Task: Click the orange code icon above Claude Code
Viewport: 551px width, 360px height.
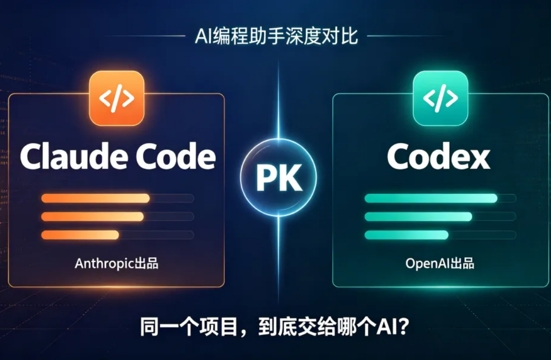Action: (117, 98)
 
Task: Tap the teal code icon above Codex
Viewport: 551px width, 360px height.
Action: (440, 98)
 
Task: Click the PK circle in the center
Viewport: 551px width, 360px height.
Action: (278, 177)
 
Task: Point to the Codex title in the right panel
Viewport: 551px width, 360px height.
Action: (439, 156)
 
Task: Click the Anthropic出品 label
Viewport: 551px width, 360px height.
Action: (116, 264)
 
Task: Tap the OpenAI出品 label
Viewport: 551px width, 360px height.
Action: (440, 264)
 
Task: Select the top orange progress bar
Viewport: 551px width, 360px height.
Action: (96, 198)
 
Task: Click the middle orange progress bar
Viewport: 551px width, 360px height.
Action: (93, 216)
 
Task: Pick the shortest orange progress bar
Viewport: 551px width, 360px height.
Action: (80, 235)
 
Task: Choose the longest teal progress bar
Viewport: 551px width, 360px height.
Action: (431, 198)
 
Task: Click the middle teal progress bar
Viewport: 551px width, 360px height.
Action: (418, 216)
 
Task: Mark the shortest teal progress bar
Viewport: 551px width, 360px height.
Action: (407, 235)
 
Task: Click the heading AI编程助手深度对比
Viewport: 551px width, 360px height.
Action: (276, 36)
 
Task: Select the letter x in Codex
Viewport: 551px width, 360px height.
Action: (479, 159)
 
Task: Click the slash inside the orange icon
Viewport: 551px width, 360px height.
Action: (116, 98)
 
